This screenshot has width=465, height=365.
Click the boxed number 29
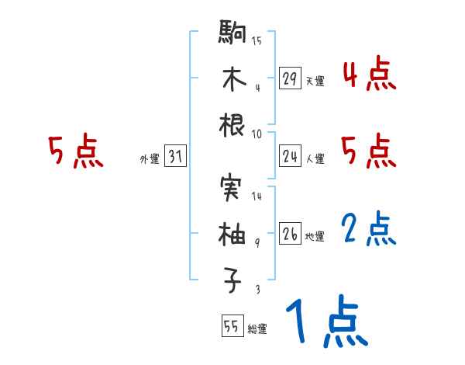click(x=290, y=78)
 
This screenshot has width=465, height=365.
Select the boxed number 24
click(x=290, y=156)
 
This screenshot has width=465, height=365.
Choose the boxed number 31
click(x=175, y=156)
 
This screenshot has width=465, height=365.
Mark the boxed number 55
click(x=232, y=326)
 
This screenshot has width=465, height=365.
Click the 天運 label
click(x=315, y=81)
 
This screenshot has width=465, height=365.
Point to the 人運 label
click(x=315, y=158)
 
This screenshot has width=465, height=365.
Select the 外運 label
click(x=149, y=158)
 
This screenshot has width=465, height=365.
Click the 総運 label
click(x=257, y=328)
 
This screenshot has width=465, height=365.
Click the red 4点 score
click(x=369, y=75)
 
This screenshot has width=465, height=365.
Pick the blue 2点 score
click(x=369, y=230)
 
